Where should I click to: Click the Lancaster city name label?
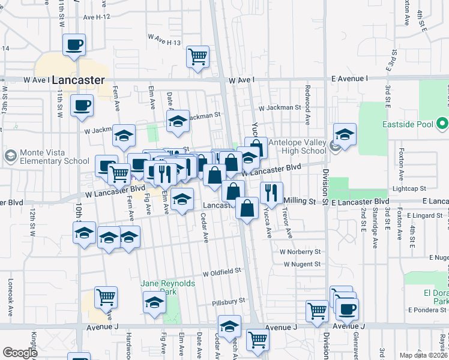tap(78, 80)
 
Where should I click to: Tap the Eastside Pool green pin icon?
tap(443, 125)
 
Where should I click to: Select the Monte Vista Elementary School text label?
tap(55, 157)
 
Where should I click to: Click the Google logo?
tap(20, 353)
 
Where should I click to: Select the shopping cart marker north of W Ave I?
tap(197, 57)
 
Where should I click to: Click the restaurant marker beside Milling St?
tap(271, 193)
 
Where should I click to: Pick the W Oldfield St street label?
tap(221, 272)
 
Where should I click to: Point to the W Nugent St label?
tap(300, 264)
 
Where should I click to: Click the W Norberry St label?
tap(301, 251)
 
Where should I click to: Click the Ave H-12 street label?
tap(97, 17)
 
